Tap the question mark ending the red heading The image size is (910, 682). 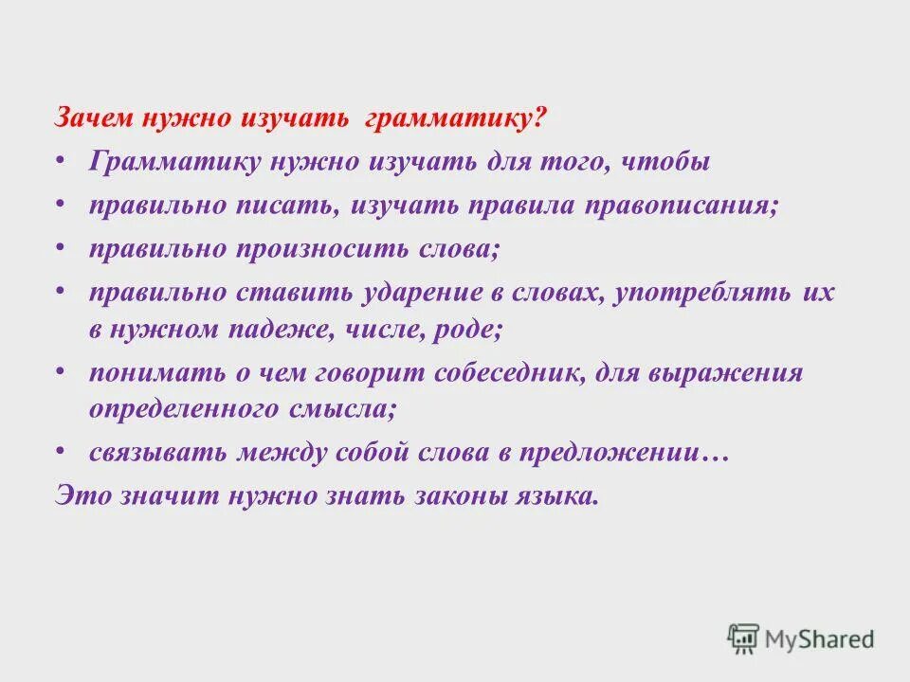pos(539,120)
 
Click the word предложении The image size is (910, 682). pos(604,453)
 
